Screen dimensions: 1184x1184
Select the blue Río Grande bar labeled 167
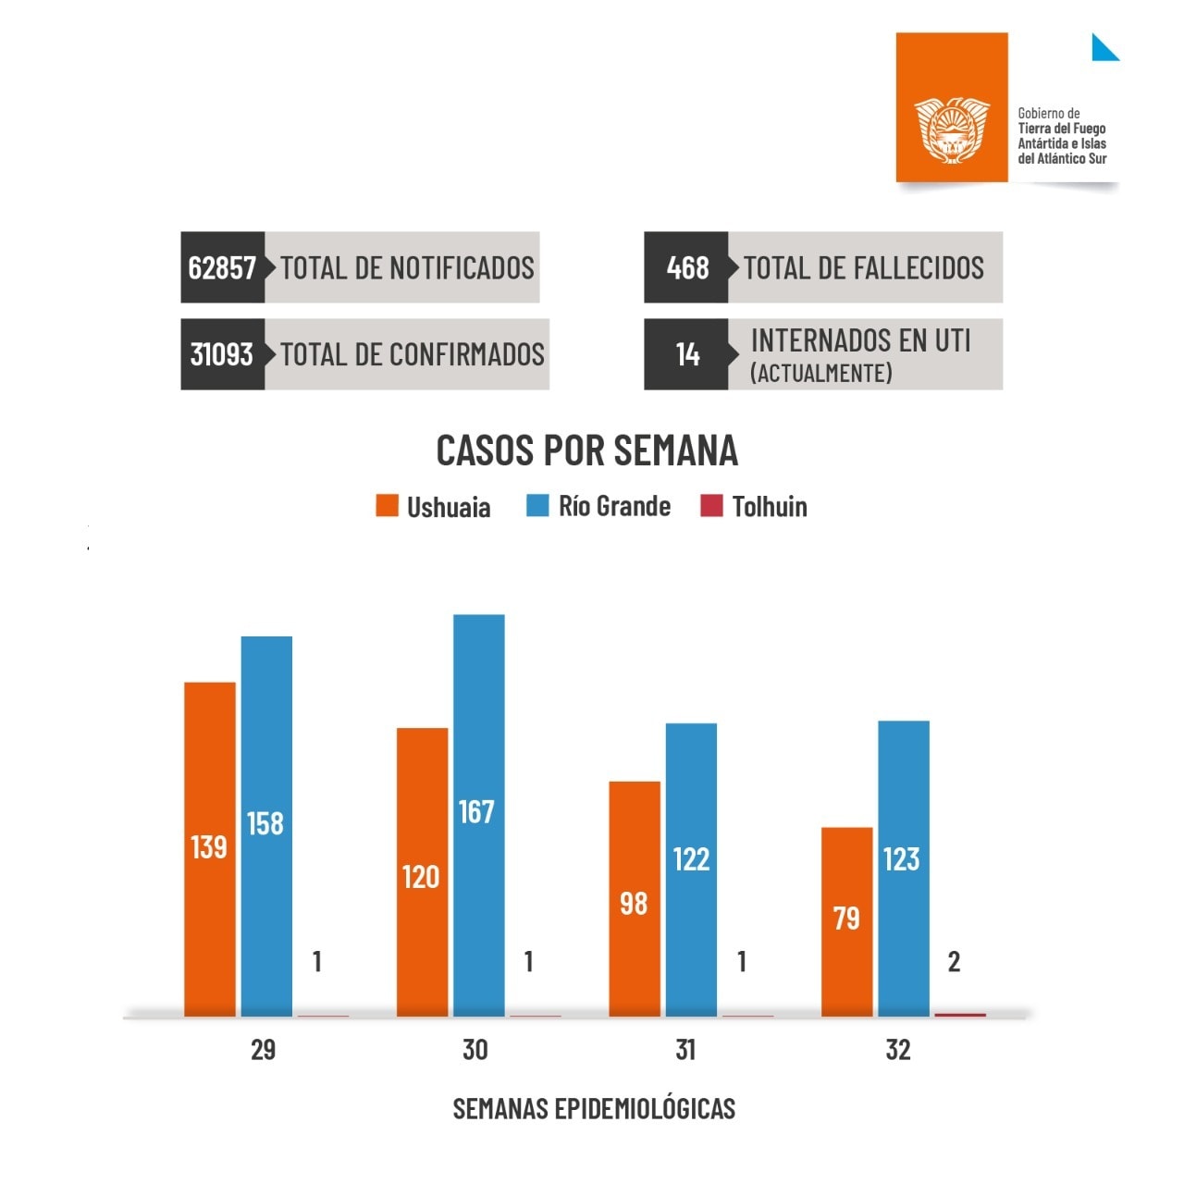[x=478, y=814]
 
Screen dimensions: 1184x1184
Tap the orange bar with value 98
[x=635, y=898]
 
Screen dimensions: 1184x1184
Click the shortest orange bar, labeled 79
[x=846, y=921]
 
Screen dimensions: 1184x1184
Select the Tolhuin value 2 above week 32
[x=954, y=962]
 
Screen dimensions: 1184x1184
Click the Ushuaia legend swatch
[x=387, y=506]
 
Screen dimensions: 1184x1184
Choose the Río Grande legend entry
[x=598, y=506]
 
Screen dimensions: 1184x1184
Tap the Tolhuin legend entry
[x=754, y=506]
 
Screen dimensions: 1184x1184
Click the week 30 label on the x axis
[x=475, y=1050]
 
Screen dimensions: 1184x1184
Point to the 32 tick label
[x=898, y=1050]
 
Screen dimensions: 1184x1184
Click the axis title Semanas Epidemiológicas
[x=594, y=1108]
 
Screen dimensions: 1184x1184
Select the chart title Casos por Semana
[x=586, y=450]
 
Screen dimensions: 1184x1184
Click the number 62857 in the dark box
[x=222, y=268]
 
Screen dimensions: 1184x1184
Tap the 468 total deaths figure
[x=687, y=268]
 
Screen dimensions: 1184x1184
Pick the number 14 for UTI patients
[x=687, y=354]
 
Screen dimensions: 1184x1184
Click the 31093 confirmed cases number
[x=222, y=354]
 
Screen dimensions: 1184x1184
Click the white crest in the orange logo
[x=952, y=129]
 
